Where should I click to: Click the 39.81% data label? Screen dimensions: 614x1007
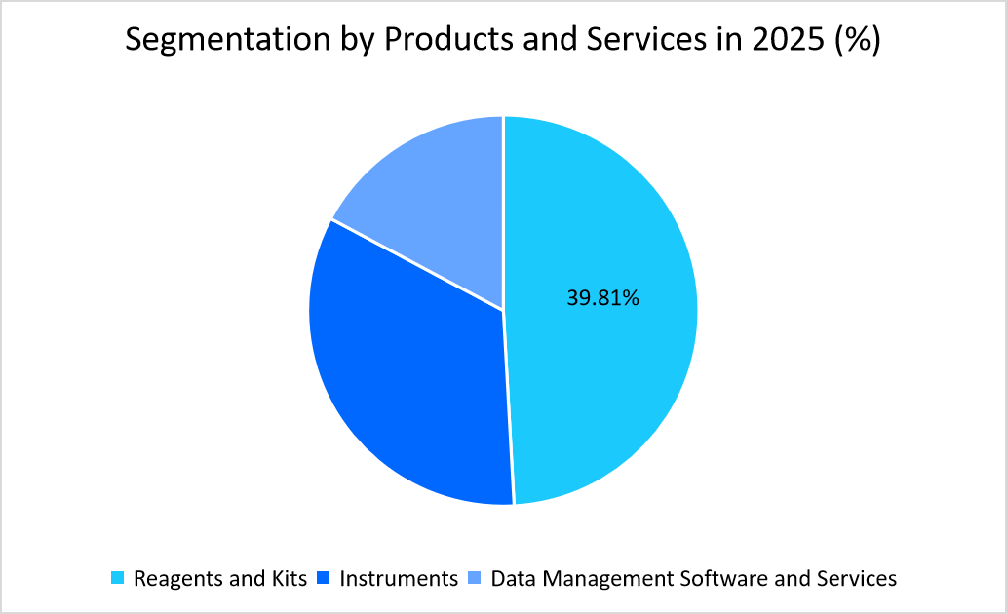(602, 298)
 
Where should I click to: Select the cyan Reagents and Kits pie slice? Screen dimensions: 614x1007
(604, 370)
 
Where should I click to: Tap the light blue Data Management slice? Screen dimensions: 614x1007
(439, 205)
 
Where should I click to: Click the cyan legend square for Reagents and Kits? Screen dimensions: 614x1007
(118, 579)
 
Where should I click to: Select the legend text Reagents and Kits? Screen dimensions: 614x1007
(220, 579)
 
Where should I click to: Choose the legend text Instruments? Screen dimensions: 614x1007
(399, 579)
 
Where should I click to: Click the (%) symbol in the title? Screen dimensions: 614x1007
(854, 40)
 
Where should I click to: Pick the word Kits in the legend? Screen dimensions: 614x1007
(289, 579)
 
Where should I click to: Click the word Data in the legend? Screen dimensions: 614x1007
(512, 579)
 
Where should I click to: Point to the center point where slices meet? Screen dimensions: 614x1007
(503, 311)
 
